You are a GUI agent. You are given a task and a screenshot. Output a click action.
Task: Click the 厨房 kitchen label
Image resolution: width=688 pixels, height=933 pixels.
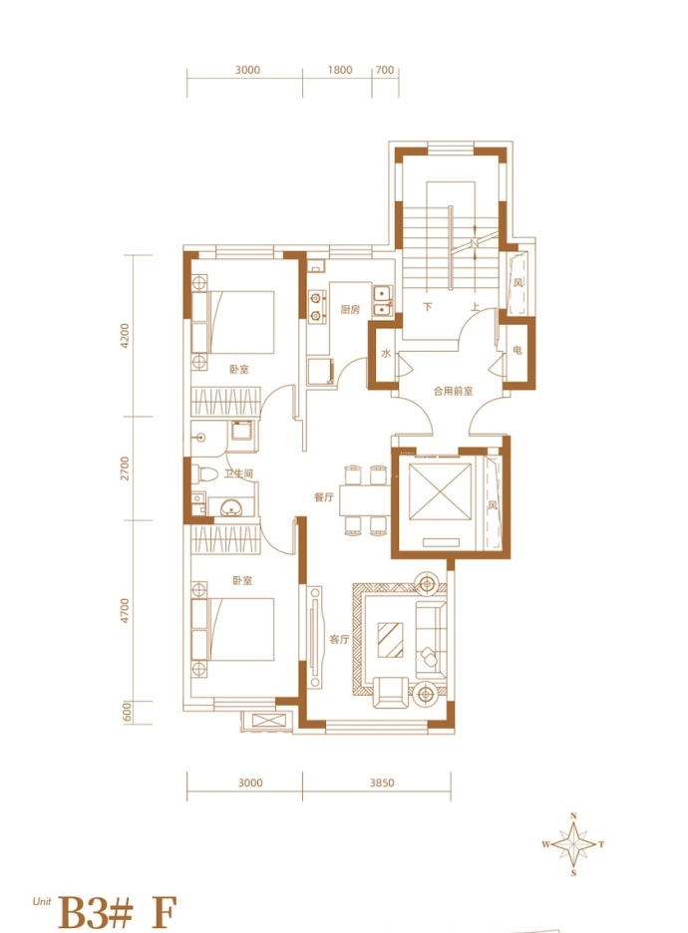[350, 309]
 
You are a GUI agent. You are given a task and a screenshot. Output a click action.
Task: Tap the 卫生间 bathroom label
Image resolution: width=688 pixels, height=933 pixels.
[238, 473]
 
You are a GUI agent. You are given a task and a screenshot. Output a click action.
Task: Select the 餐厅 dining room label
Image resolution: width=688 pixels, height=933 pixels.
[324, 496]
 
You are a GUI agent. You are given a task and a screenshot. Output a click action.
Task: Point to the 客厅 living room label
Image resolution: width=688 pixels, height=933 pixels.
[339, 640]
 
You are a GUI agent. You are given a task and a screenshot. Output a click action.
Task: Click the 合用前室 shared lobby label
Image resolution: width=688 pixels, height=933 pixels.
[453, 391]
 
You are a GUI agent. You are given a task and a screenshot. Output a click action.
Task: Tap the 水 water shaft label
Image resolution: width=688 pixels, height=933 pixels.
[386, 354]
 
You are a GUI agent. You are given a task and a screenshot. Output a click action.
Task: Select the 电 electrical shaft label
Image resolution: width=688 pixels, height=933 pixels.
[517, 351]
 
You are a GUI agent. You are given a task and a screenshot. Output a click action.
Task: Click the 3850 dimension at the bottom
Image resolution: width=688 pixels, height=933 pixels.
[382, 783]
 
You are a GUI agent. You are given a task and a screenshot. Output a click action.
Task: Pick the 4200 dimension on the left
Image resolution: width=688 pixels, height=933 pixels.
[124, 336]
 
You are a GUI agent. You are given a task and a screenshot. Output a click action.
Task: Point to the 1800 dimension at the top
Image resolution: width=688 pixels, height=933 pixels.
[340, 70]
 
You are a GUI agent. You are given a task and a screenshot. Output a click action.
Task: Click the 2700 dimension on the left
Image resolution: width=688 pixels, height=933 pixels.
[124, 468]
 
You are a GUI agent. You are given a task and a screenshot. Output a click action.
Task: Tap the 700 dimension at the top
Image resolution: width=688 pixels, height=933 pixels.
[385, 70]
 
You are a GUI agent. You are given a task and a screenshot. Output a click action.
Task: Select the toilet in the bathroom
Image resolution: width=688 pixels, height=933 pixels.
[205, 474]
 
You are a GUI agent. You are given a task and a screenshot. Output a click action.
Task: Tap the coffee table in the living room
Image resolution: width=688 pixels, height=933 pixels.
[391, 640]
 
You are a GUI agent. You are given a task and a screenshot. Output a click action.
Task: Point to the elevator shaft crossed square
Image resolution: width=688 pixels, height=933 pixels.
[441, 490]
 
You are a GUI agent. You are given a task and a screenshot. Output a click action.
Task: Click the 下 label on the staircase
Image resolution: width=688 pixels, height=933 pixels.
[428, 307]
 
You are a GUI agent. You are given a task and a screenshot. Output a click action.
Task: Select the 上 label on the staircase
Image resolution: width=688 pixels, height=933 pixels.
[475, 307]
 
